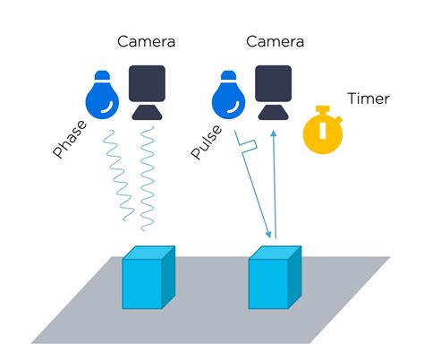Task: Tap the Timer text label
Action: pyautogui.click(x=369, y=99)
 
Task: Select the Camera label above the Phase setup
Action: pyautogui.click(x=145, y=41)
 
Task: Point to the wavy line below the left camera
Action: pyautogui.click(x=147, y=179)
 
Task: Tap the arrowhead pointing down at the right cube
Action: pyautogui.click(x=266, y=235)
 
